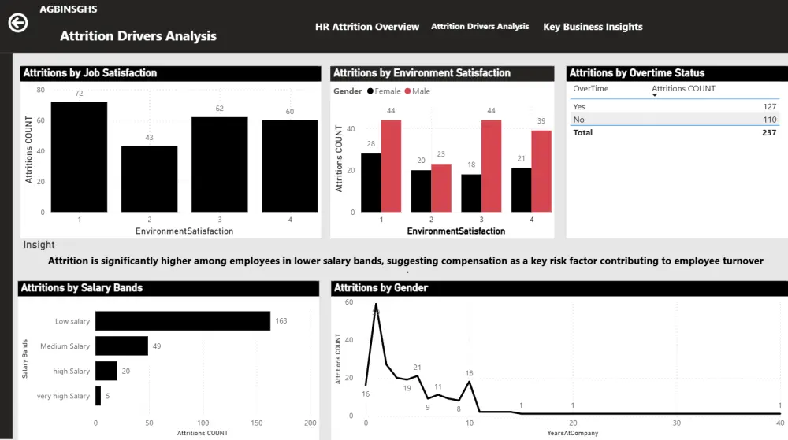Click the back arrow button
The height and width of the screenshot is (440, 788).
click(x=17, y=23)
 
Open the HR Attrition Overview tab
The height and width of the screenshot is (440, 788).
click(x=367, y=27)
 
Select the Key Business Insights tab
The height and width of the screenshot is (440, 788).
click(x=593, y=27)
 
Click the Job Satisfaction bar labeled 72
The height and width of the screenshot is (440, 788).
click(x=79, y=157)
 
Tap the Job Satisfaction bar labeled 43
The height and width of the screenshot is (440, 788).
click(x=149, y=179)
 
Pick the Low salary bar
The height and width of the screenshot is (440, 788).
click(x=183, y=320)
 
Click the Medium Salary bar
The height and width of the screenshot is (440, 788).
click(x=121, y=346)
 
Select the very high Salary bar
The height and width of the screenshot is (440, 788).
click(x=98, y=396)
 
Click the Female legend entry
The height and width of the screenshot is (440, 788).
click(x=383, y=91)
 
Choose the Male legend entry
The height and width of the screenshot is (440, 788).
click(x=418, y=91)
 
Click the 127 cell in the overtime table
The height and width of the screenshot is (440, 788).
click(x=768, y=106)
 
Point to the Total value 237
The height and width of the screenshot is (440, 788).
click(x=768, y=133)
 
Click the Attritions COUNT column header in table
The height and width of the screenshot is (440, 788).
click(x=684, y=89)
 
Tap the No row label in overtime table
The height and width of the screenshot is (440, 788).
click(x=579, y=120)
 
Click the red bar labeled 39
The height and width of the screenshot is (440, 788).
click(x=541, y=171)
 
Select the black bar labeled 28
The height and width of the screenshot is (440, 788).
click(x=370, y=183)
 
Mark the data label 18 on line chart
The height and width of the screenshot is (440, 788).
click(x=469, y=374)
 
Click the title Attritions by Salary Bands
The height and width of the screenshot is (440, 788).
click(x=82, y=288)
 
